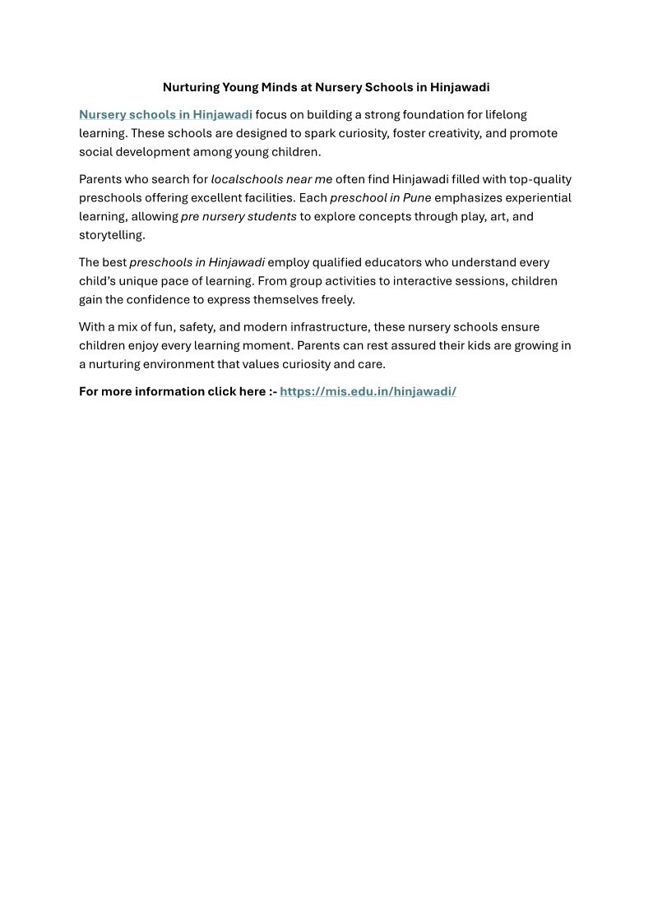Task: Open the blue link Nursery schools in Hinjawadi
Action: click(x=165, y=114)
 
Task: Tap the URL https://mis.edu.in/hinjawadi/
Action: click(x=368, y=391)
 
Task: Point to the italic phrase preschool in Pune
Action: click(x=381, y=198)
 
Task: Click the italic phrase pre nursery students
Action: click(x=239, y=216)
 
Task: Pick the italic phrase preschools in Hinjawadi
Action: click(x=197, y=262)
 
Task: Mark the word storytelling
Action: click(x=111, y=235)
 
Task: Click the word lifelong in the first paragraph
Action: click(x=506, y=114)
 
